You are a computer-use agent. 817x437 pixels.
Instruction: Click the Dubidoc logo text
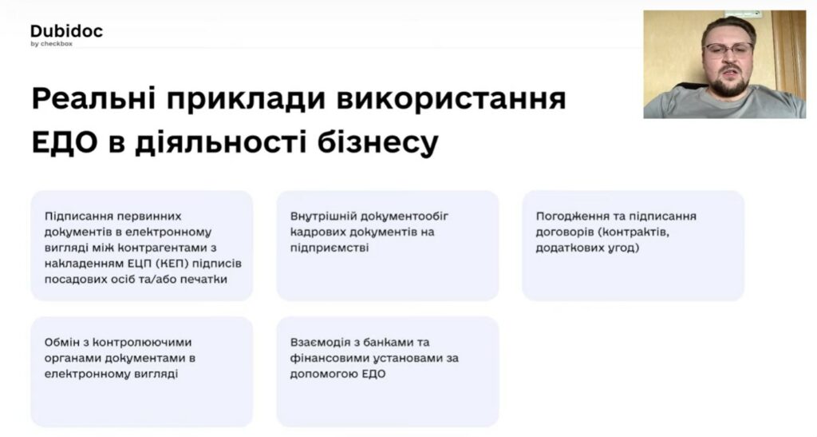coord(67,31)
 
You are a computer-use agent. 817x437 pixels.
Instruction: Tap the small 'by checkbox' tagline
coord(52,44)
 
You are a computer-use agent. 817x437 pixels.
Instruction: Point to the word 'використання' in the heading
coord(452,99)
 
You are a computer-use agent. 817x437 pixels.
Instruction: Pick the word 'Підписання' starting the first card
coord(79,217)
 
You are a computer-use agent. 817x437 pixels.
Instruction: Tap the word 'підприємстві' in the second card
coord(330,248)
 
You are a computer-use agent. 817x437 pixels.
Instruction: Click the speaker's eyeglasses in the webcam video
coord(728,49)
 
